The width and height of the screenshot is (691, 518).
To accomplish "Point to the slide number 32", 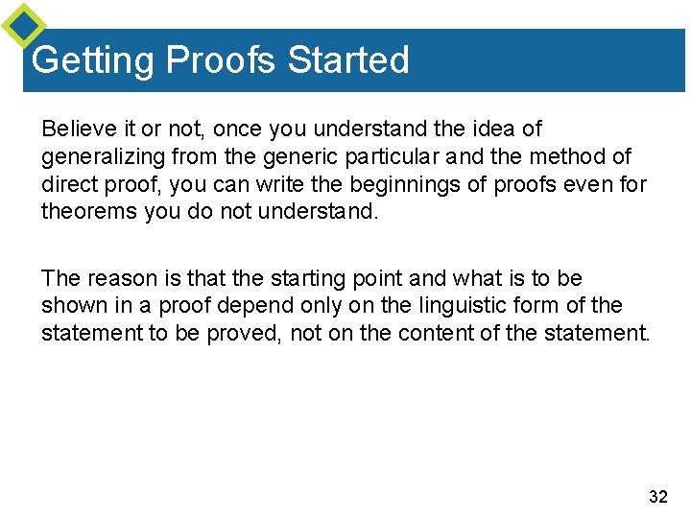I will point(658,496).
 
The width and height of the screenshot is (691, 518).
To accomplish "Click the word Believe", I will point(77,129).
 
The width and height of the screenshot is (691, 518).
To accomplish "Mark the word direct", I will point(67,183).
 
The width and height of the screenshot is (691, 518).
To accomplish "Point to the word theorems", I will point(89,210).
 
